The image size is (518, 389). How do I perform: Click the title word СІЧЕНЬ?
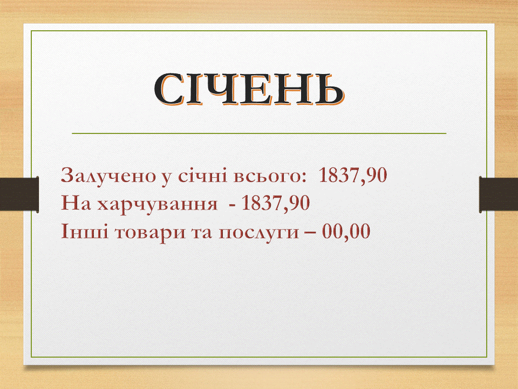[249, 89]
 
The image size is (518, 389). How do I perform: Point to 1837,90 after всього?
[353, 175]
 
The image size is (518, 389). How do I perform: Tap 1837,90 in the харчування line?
[276, 204]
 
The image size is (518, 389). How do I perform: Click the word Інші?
[84, 232]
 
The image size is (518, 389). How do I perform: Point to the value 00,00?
[346, 232]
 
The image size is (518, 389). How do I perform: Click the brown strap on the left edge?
[19, 194]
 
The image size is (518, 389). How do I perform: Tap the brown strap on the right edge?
[499, 194]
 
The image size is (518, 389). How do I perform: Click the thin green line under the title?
[259, 133]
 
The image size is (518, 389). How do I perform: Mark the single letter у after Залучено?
[167, 178]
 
